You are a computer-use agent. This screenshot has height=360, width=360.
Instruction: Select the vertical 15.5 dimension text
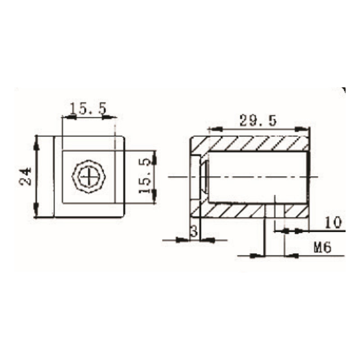(x=145, y=175)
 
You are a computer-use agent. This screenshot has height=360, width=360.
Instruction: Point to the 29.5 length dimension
(x=257, y=121)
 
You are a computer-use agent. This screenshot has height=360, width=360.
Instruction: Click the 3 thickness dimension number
(x=194, y=232)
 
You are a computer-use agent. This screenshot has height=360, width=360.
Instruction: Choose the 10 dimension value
(x=333, y=223)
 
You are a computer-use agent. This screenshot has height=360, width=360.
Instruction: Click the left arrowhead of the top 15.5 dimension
(x=68, y=117)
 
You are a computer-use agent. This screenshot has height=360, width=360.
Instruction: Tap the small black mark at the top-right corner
(x=343, y=90)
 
